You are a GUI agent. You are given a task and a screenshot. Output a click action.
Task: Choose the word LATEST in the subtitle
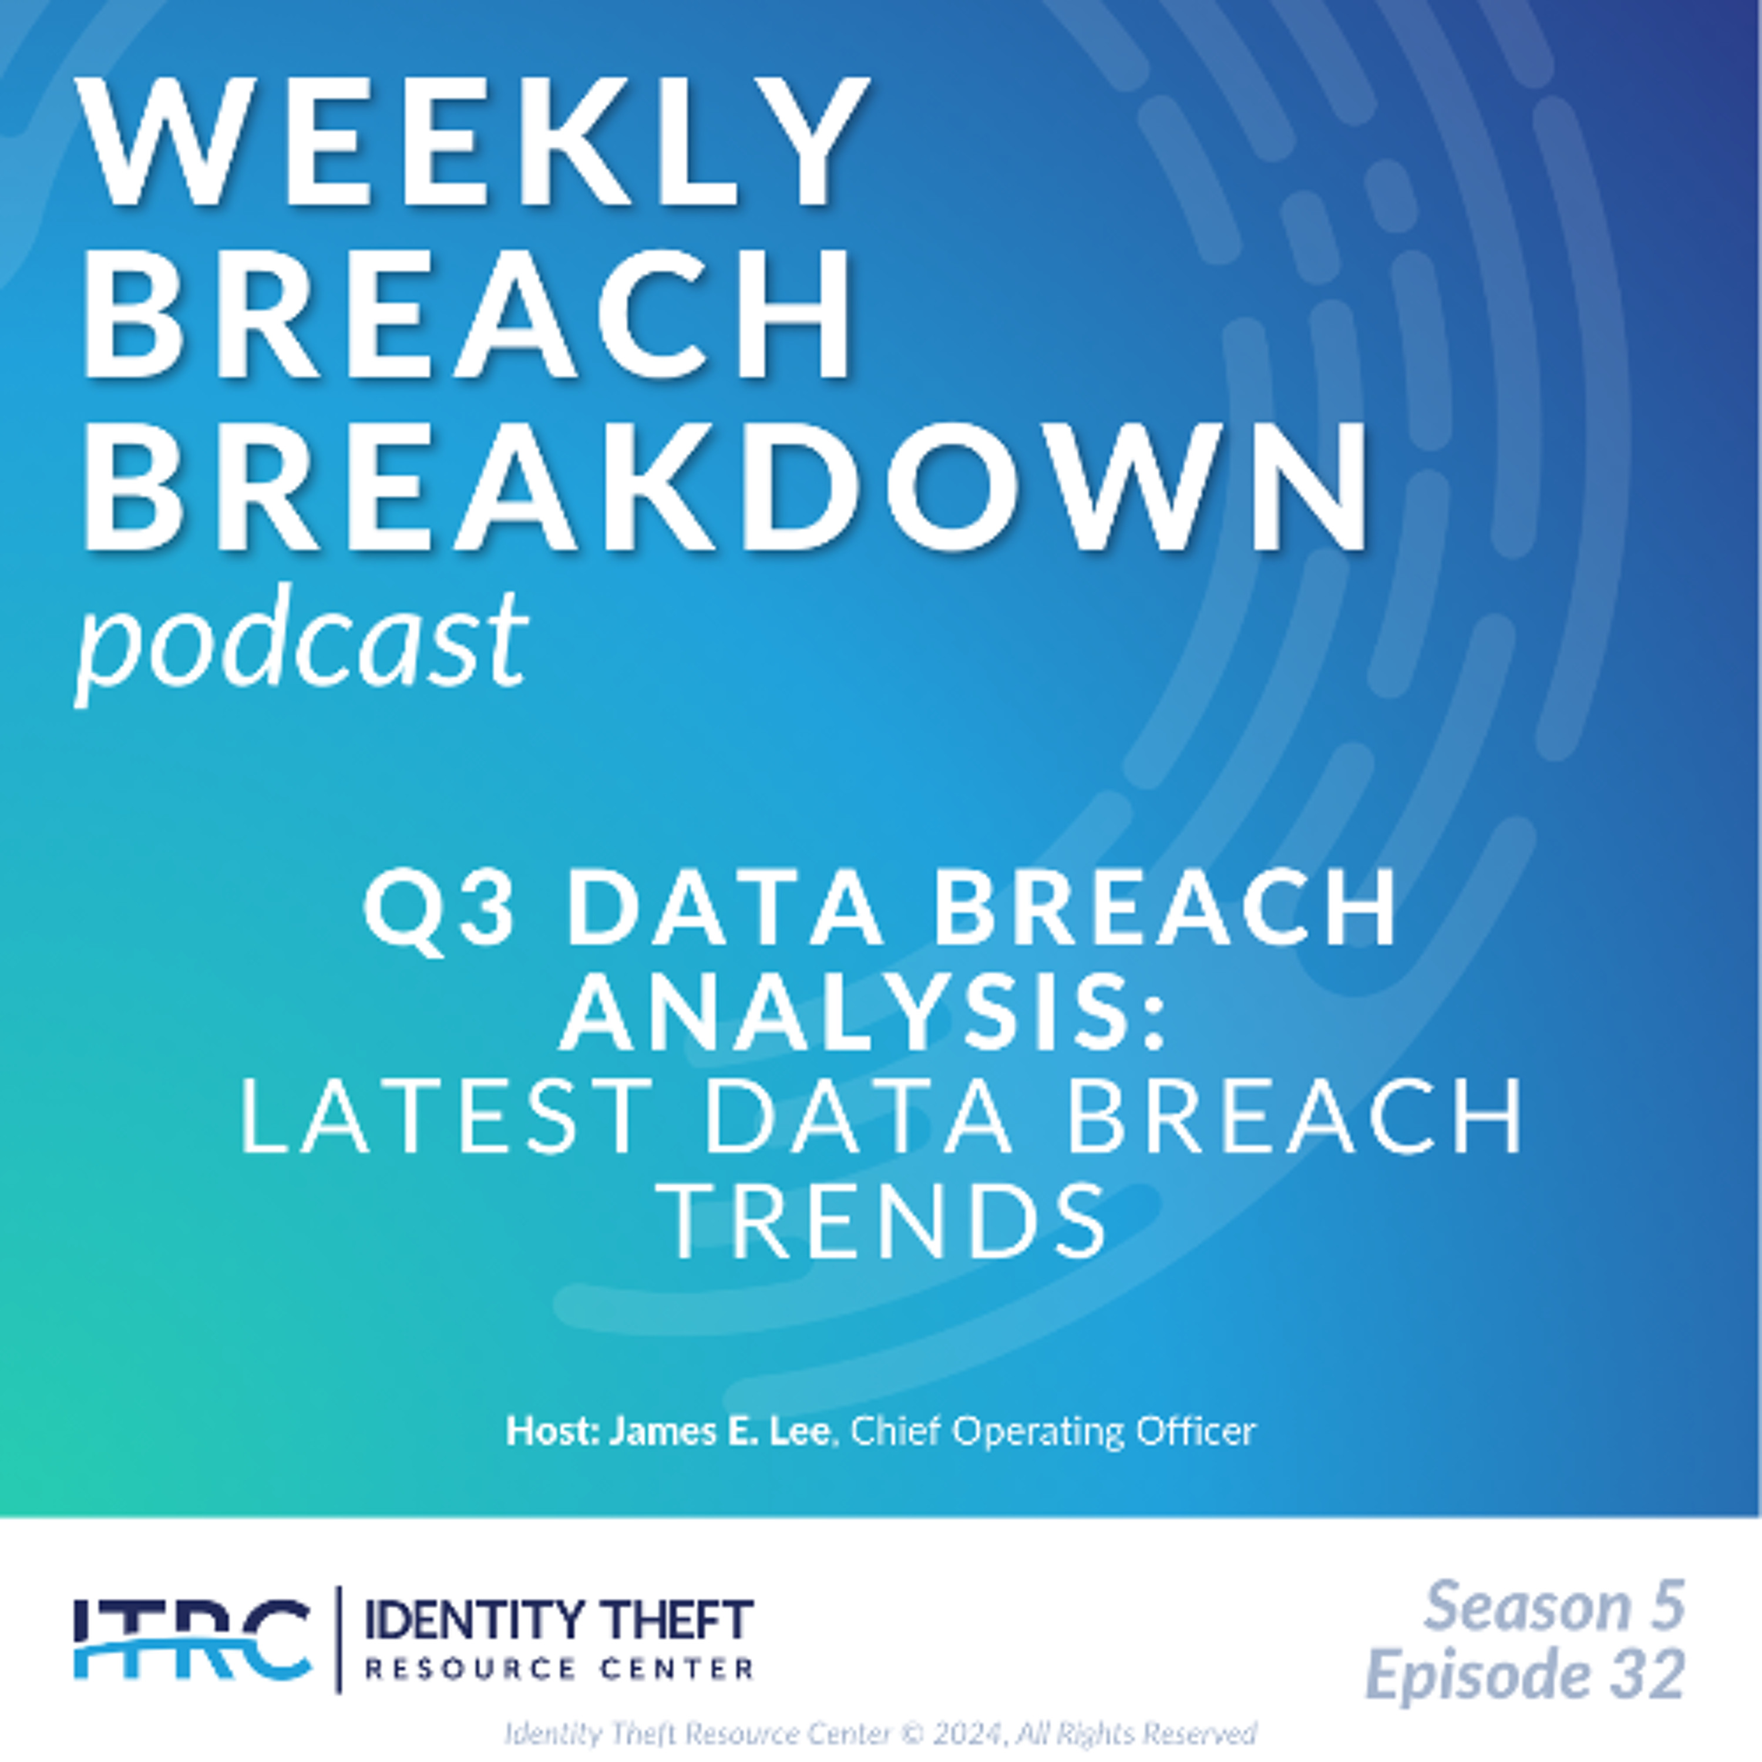click(x=446, y=1115)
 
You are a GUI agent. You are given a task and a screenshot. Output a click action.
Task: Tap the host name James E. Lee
click(x=719, y=1431)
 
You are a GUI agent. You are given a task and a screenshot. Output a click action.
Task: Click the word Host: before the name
click(x=554, y=1431)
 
